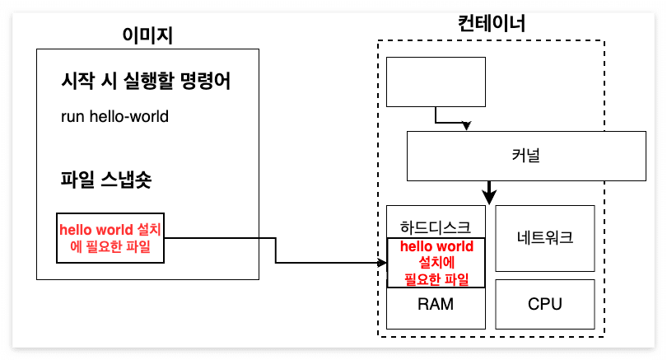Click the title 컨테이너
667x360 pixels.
[491, 23]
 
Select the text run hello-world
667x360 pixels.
[114, 116]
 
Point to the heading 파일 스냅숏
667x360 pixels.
[106, 179]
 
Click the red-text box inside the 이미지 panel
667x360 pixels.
[110, 238]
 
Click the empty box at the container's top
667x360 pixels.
[436, 82]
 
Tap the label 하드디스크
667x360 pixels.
[436, 227]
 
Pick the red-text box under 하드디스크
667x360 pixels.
[436, 263]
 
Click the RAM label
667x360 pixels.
[436, 304]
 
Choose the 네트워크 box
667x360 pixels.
[544, 239]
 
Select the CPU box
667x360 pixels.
[544, 304]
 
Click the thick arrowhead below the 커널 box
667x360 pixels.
[489, 198]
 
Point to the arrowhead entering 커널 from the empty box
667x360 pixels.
[467, 127]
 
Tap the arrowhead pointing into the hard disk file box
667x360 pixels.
[382, 263]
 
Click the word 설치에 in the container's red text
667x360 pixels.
[436, 263]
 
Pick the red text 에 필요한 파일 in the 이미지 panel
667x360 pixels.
[111, 245]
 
